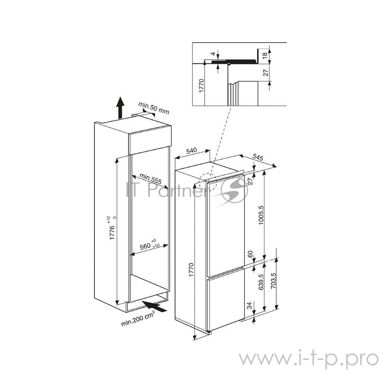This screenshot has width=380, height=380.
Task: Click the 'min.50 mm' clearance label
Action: [x=153, y=108]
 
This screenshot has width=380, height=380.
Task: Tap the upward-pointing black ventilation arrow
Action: [x=120, y=108]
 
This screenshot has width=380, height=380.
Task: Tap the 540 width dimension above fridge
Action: [x=191, y=151]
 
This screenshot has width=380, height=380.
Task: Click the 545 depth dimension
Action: [x=257, y=157]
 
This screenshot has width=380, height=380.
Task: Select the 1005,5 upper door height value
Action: [x=261, y=215]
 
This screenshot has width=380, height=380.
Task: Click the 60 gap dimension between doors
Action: [x=250, y=254]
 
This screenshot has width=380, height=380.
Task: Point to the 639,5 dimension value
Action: [x=261, y=282]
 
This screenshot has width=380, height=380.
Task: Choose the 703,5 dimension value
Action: [x=273, y=281]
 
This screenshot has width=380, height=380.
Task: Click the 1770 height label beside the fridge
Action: [x=191, y=270]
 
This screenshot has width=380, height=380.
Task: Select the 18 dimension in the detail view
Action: [x=265, y=55]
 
